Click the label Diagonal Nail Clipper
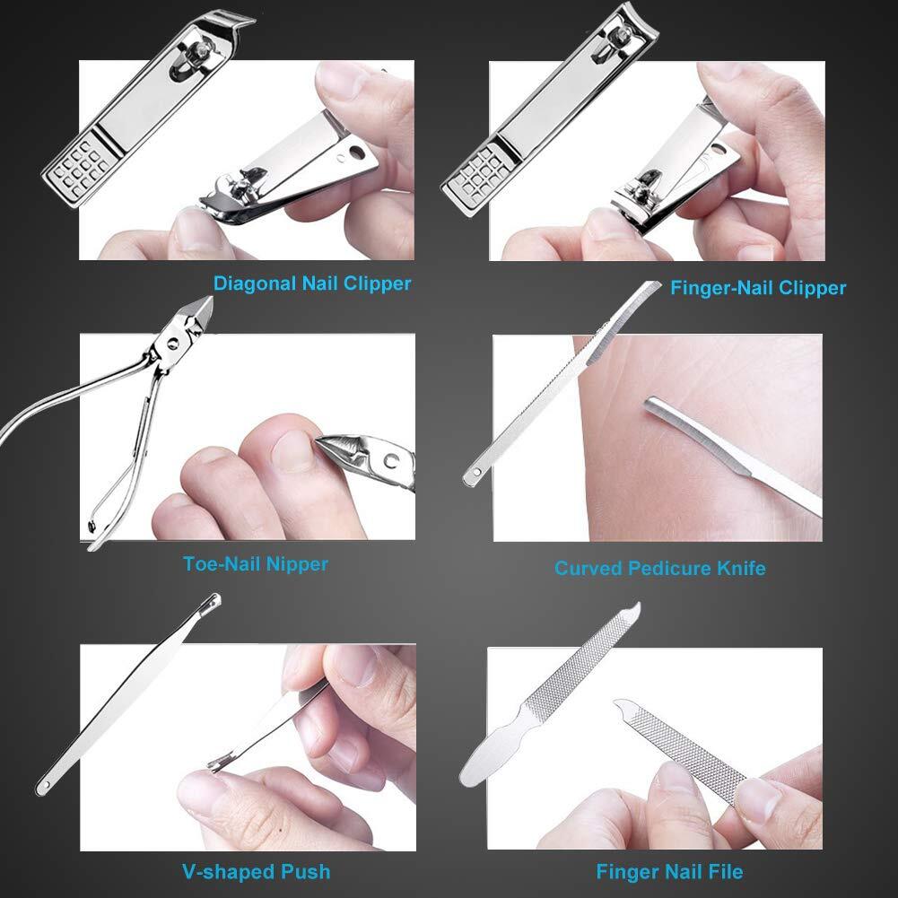[312, 283]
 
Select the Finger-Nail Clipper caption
[758, 288]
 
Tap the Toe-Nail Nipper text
[256, 564]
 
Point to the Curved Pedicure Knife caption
[659, 568]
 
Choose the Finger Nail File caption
[669, 871]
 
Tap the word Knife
[740, 568]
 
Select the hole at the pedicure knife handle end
[474, 469]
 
